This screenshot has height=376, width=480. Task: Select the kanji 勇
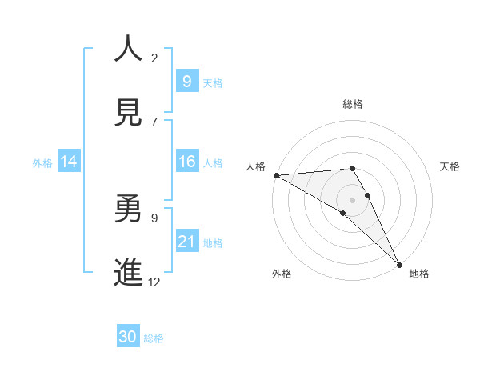pyautogui.click(x=127, y=209)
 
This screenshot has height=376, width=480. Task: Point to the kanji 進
pyautogui.click(x=127, y=272)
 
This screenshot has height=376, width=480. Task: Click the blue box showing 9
pyautogui.click(x=186, y=81)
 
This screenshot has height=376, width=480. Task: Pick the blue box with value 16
pyautogui.click(x=186, y=162)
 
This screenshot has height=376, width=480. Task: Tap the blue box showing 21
pyautogui.click(x=186, y=241)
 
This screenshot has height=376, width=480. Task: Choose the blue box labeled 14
pyautogui.click(x=69, y=162)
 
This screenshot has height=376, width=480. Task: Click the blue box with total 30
pyautogui.click(x=127, y=337)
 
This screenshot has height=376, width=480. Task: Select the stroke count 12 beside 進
pyautogui.click(x=154, y=282)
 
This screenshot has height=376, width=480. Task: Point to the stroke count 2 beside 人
pyautogui.click(x=154, y=58)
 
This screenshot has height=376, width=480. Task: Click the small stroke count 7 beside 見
pyautogui.click(x=154, y=122)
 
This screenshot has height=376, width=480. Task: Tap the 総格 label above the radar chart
pyautogui.click(x=353, y=104)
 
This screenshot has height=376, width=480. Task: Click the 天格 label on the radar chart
pyautogui.click(x=450, y=166)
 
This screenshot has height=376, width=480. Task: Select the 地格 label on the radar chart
pyautogui.click(x=419, y=274)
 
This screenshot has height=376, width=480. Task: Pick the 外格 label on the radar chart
pyautogui.click(x=282, y=274)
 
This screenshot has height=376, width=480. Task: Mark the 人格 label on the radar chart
pyautogui.click(x=255, y=166)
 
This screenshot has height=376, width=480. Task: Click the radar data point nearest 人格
pyautogui.click(x=276, y=175)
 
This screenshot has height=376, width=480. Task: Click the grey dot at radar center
pyautogui.click(x=353, y=200)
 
